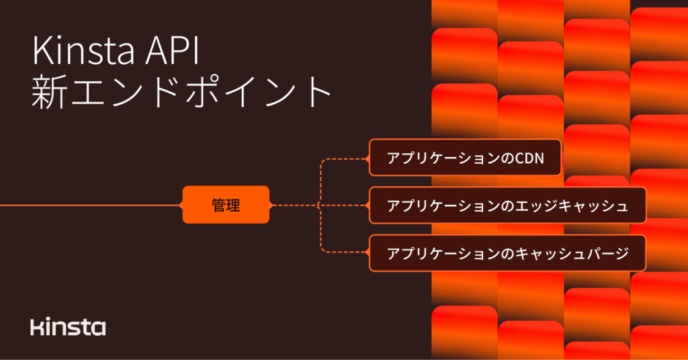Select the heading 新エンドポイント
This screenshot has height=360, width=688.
click(181, 93)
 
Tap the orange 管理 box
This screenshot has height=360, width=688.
click(226, 205)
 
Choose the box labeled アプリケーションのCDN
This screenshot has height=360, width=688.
click(464, 158)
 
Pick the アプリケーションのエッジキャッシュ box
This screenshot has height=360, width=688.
click(507, 205)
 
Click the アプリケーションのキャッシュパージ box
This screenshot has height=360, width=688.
click(507, 253)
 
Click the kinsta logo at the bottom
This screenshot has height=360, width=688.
click(68, 327)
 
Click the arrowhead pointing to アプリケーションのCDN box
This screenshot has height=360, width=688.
click(367, 159)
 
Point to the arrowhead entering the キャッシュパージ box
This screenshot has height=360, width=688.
click(367, 253)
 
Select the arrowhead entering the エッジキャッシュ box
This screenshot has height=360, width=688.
click(367, 205)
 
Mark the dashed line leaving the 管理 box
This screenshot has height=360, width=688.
click(292, 205)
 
